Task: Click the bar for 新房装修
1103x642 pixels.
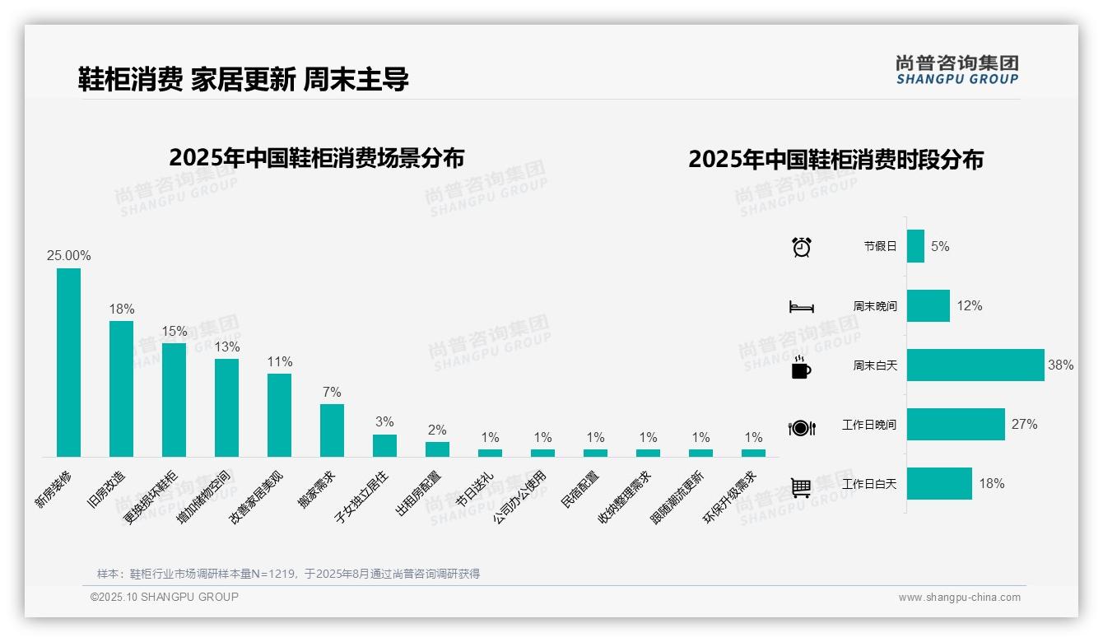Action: (x=68, y=362)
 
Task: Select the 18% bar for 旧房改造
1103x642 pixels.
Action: (x=121, y=388)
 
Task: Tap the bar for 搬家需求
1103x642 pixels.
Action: (x=332, y=430)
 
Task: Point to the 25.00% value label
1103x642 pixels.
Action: (x=68, y=256)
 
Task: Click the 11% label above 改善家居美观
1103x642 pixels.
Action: (x=279, y=362)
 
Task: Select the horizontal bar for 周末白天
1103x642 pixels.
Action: (x=975, y=365)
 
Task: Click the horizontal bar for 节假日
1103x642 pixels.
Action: (x=915, y=246)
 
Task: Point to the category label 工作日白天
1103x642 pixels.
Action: (x=868, y=484)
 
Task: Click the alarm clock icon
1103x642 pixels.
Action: (x=801, y=246)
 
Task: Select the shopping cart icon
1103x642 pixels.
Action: (x=801, y=487)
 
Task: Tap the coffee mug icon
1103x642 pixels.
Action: (x=801, y=368)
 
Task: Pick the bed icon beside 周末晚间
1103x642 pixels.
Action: (x=801, y=307)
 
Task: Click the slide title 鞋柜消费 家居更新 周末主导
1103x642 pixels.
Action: (x=243, y=79)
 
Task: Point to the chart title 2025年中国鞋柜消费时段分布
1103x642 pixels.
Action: (x=835, y=160)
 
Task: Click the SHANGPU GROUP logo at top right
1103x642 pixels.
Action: (x=956, y=70)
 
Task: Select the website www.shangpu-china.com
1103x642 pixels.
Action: (x=959, y=598)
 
